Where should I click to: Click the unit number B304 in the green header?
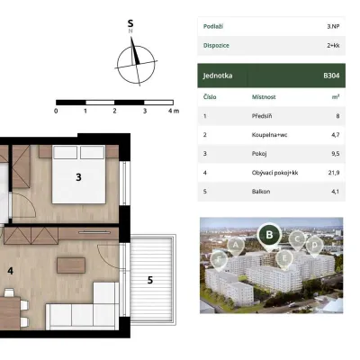[331, 76]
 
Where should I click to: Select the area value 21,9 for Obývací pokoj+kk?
[334, 173]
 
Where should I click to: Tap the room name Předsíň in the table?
[262, 116]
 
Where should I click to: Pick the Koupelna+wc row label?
[269, 135]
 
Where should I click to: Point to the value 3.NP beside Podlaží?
[333, 26]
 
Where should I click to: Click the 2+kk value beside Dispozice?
[333, 46]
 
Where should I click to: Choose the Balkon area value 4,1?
[336, 191]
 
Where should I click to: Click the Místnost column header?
[264, 97]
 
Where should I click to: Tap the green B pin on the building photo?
[269, 235]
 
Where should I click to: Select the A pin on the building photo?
[236, 245]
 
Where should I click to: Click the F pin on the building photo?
[219, 259]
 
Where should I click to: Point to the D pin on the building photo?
[314, 246]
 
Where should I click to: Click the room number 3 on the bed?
[78, 177]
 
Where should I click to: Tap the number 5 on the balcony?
[150, 280]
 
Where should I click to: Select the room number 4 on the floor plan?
[11, 271]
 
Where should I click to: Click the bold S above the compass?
[130, 23]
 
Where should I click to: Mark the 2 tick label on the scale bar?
[114, 111]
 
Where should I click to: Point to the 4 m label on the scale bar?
[174, 111]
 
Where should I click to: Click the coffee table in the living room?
[71, 265]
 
